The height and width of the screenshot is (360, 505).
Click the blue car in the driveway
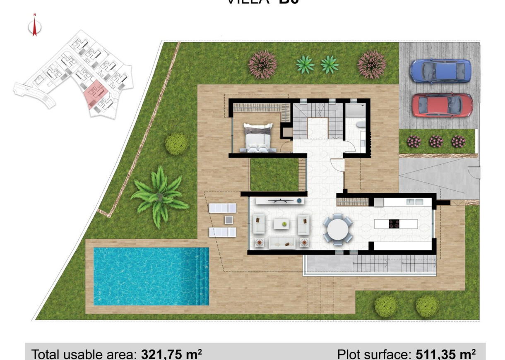pyautogui.click(x=440, y=71)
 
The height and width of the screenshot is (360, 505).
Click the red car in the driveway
pyautogui.click(x=442, y=105)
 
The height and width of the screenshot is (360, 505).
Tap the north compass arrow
pyautogui.click(x=35, y=27)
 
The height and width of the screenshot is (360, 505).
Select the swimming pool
pyautogui.click(x=151, y=276)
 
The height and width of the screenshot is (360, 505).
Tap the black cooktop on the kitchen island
pyautogui.click(x=394, y=224)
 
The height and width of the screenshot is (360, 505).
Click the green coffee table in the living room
pyautogui.click(x=284, y=224)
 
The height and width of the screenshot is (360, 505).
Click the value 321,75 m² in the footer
pyautogui.click(x=171, y=354)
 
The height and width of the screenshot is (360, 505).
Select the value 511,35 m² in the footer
pyautogui.click(x=443, y=354)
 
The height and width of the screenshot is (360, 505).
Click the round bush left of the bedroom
pyautogui.click(x=176, y=144)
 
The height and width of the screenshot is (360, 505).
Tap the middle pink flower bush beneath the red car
pyautogui.click(x=436, y=142)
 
